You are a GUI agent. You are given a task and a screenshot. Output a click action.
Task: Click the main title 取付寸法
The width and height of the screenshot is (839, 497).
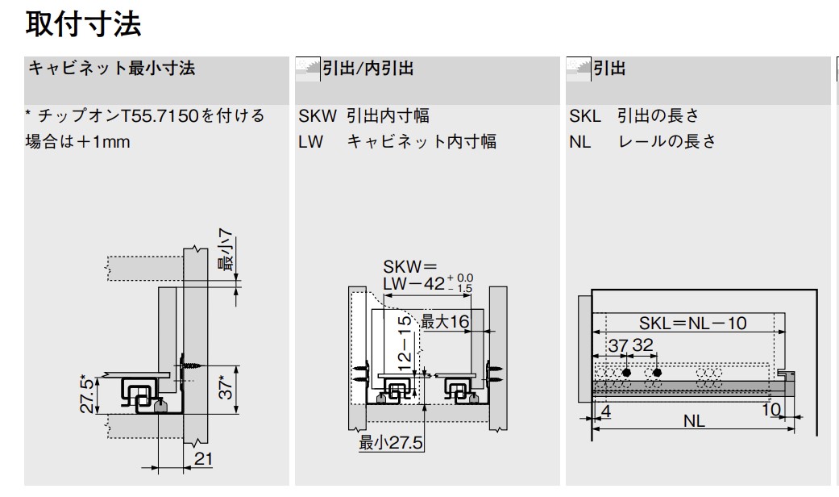tap(84, 23)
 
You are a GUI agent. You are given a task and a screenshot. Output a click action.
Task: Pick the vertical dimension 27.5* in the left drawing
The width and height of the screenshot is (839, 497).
tap(88, 393)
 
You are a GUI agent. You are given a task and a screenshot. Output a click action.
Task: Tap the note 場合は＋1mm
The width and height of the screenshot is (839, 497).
tap(77, 142)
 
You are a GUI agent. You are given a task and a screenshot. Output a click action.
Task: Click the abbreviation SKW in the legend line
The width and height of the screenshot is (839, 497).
tap(317, 116)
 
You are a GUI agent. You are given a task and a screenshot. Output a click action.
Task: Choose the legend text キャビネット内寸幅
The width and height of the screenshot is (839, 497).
tap(422, 142)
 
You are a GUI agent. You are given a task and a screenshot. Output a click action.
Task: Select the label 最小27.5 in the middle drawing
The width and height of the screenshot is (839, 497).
tap(391, 443)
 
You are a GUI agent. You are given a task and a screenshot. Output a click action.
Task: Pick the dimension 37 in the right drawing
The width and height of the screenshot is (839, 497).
tap(617, 345)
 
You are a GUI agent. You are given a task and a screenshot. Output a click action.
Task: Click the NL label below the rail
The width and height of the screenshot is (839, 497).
tap(693, 421)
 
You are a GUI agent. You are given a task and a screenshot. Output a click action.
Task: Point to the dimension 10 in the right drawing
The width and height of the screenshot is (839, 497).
tap(770, 409)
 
